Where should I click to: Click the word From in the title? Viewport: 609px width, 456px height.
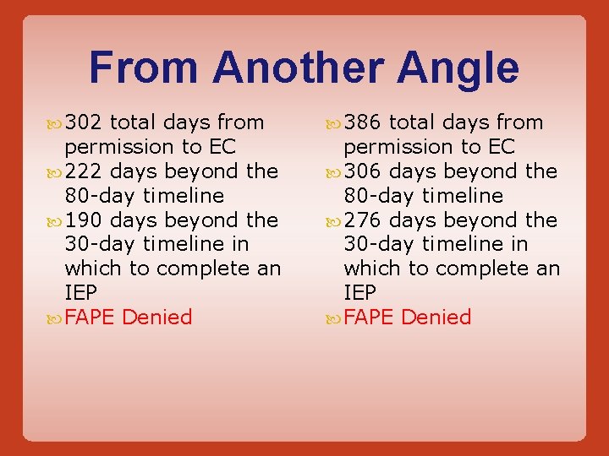coord(144,68)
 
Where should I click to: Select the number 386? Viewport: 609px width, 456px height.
coord(363,122)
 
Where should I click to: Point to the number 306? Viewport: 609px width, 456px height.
coord(363,171)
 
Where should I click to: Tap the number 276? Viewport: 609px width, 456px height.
coord(363,220)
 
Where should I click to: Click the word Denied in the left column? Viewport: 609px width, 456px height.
coord(157,318)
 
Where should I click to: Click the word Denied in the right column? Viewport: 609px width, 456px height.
coord(436,318)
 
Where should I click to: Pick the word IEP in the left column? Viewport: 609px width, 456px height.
coord(81,293)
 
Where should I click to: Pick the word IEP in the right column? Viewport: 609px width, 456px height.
coord(360,293)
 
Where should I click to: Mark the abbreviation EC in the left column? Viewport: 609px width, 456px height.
coord(222,147)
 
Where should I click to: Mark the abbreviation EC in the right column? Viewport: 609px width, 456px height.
coord(501,147)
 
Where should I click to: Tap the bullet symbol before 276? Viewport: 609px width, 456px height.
coord(335,221)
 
